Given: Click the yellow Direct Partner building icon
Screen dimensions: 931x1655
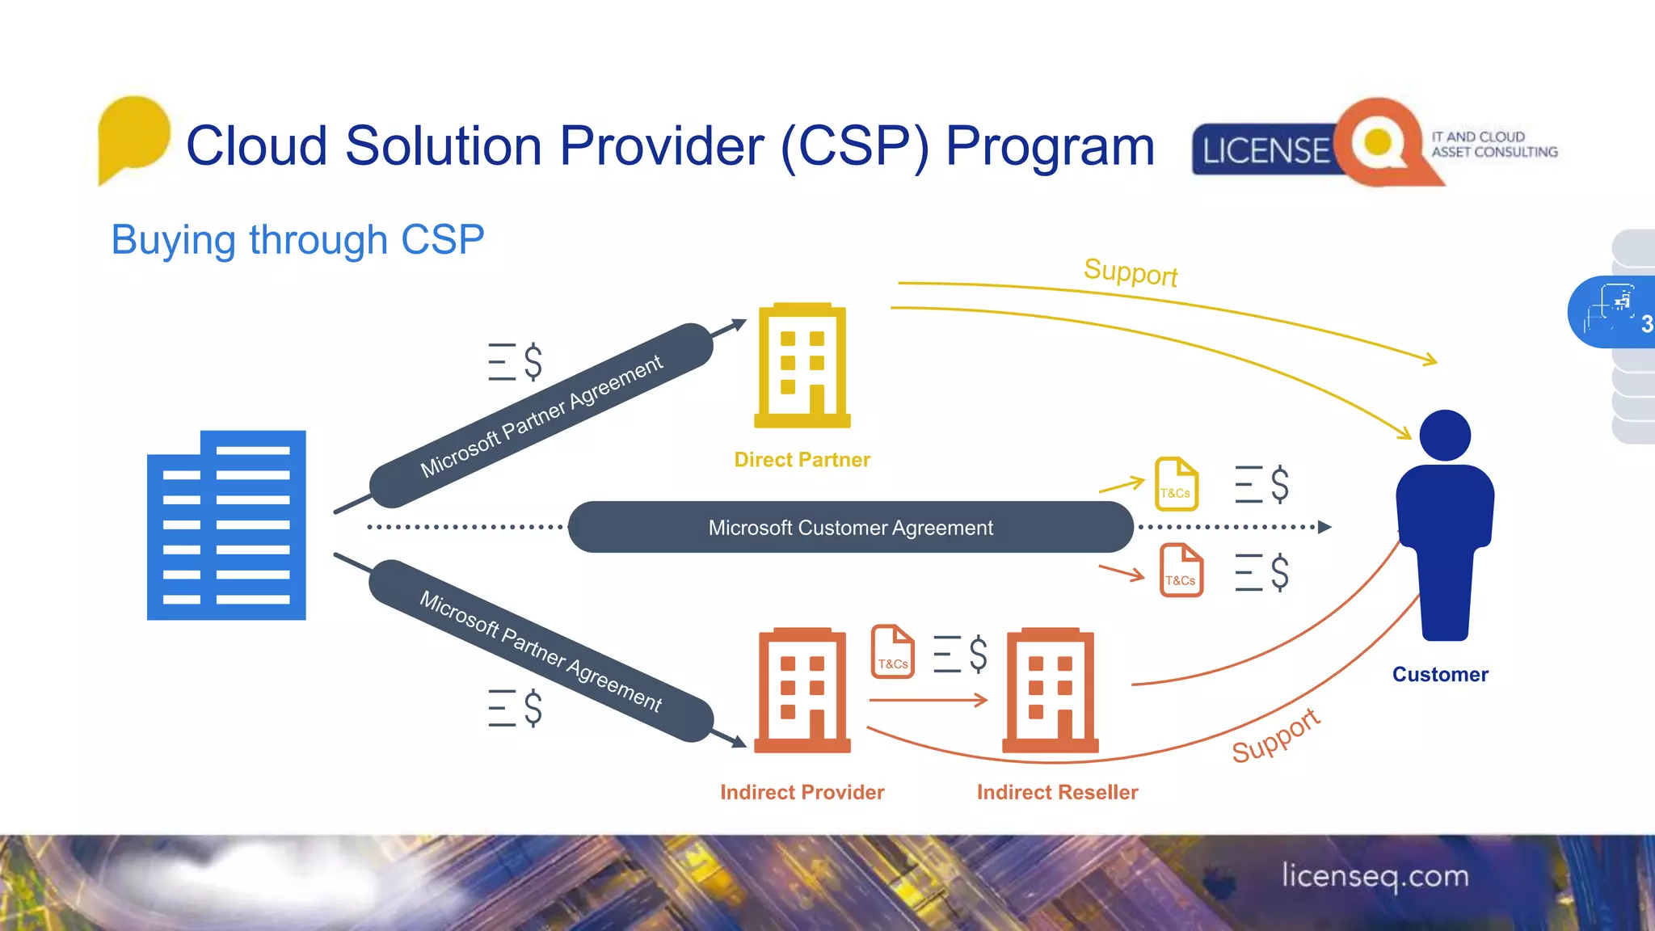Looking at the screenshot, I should [802, 365].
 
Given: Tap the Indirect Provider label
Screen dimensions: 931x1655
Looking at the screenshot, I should [802, 792].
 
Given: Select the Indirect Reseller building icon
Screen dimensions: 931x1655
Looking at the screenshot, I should [1051, 690].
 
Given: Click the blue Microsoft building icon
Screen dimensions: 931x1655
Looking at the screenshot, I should [226, 525].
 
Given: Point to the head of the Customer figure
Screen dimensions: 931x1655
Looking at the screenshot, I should [1445, 436].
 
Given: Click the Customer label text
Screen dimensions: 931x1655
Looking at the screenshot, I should [1440, 674].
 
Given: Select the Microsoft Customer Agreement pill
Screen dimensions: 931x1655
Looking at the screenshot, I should [850, 527].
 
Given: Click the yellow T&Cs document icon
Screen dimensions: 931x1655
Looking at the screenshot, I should [1176, 484].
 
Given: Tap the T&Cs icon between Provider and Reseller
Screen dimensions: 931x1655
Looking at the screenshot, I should [892, 651].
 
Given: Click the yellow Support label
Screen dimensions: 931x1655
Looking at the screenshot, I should [1131, 272].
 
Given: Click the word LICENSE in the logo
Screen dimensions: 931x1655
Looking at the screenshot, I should [1265, 151].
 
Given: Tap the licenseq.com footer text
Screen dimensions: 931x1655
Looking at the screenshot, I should [1375, 876].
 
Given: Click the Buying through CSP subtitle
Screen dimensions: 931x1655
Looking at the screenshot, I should [297, 240].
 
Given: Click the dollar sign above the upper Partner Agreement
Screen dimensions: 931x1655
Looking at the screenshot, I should [533, 361].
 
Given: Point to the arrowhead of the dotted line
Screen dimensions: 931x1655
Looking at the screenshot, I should [1324, 527].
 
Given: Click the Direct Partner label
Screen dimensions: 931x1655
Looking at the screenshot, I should [802, 460].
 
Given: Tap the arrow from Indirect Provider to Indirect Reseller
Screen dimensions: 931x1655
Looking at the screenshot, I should [929, 700].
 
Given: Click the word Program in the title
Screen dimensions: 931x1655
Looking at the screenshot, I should [1050, 146].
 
